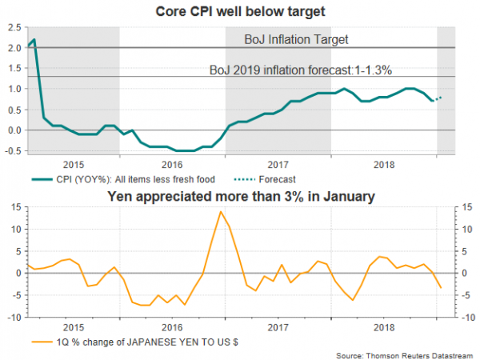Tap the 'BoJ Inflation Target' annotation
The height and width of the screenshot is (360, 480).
(297, 38)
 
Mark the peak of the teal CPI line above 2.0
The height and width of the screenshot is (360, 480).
(34, 39)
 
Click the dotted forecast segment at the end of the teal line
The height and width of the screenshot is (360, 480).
(438, 98)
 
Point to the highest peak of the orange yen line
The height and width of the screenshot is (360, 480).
(220, 211)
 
